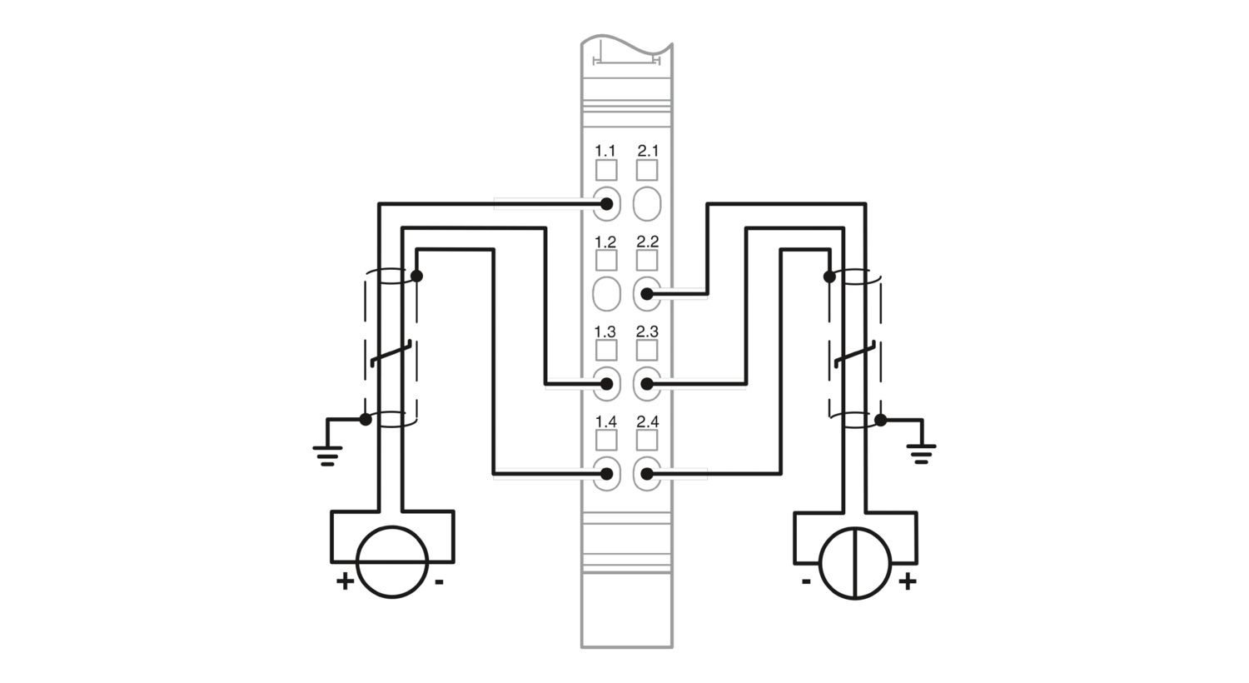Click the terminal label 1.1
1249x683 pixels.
point(605,151)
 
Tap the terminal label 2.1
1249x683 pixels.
point(648,151)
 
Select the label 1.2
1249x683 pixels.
point(605,242)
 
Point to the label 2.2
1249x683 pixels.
point(648,242)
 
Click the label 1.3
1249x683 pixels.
point(605,332)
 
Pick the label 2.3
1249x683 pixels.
point(648,332)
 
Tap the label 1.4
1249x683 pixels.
point(605,421)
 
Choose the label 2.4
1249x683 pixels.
point(648,421)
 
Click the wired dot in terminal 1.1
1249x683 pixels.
point(607,204)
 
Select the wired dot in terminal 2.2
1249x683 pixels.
point(647,294)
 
